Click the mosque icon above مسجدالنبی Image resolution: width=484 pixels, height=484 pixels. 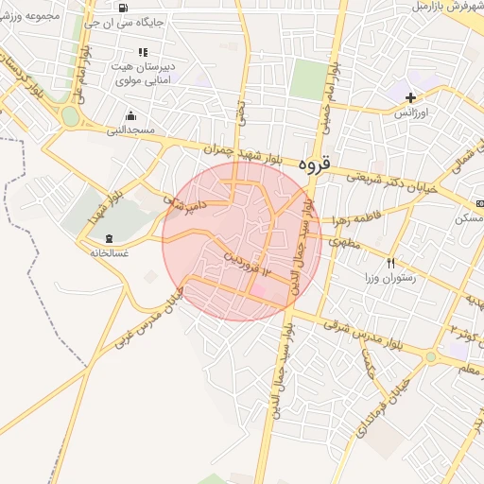(129, 116)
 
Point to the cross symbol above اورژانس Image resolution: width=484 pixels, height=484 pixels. (410, 97)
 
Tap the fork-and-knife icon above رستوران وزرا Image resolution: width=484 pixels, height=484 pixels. (390, 262)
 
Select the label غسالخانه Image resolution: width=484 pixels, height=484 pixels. (110, 253)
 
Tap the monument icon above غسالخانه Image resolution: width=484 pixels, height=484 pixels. (110, 237)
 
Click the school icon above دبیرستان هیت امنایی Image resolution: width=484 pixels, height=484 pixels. (143, 52)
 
